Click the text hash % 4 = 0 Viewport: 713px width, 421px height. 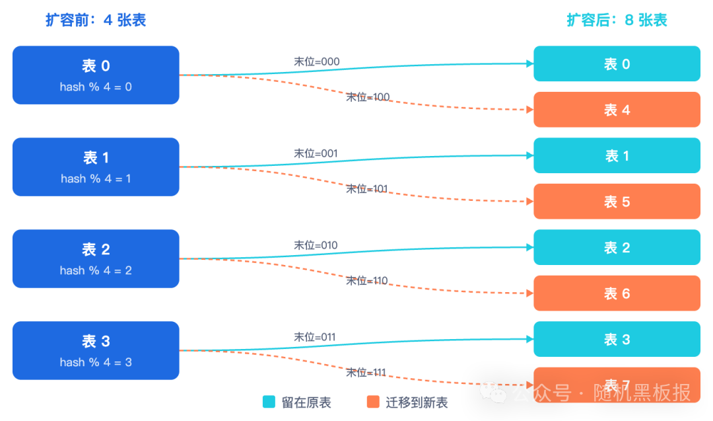tap(96, 87)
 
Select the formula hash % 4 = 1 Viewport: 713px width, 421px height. tap(96, 178)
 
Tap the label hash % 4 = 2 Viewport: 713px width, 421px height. tap(96, 270)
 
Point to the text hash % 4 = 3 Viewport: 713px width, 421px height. tap(96, 362)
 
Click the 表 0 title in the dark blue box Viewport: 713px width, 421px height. tap(96, 66)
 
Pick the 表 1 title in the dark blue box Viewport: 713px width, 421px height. tap(96, 158)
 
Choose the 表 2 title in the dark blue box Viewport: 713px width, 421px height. tap(96, 250)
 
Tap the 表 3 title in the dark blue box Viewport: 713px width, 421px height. tap(96, 342)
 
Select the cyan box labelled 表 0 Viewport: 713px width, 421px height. tap(617, 64)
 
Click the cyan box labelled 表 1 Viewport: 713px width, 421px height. tap(617, 156)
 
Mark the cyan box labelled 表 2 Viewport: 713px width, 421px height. tap(617, 248)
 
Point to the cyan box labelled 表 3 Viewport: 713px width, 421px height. tap(617, 340)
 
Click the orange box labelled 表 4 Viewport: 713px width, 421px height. tap(617, 110)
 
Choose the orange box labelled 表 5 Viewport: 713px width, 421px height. tap(617, 202)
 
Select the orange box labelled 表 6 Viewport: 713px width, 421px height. tap(617, 293)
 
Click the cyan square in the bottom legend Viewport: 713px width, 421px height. tap(271, 404)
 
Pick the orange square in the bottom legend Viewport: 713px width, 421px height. tap(376, 404)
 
